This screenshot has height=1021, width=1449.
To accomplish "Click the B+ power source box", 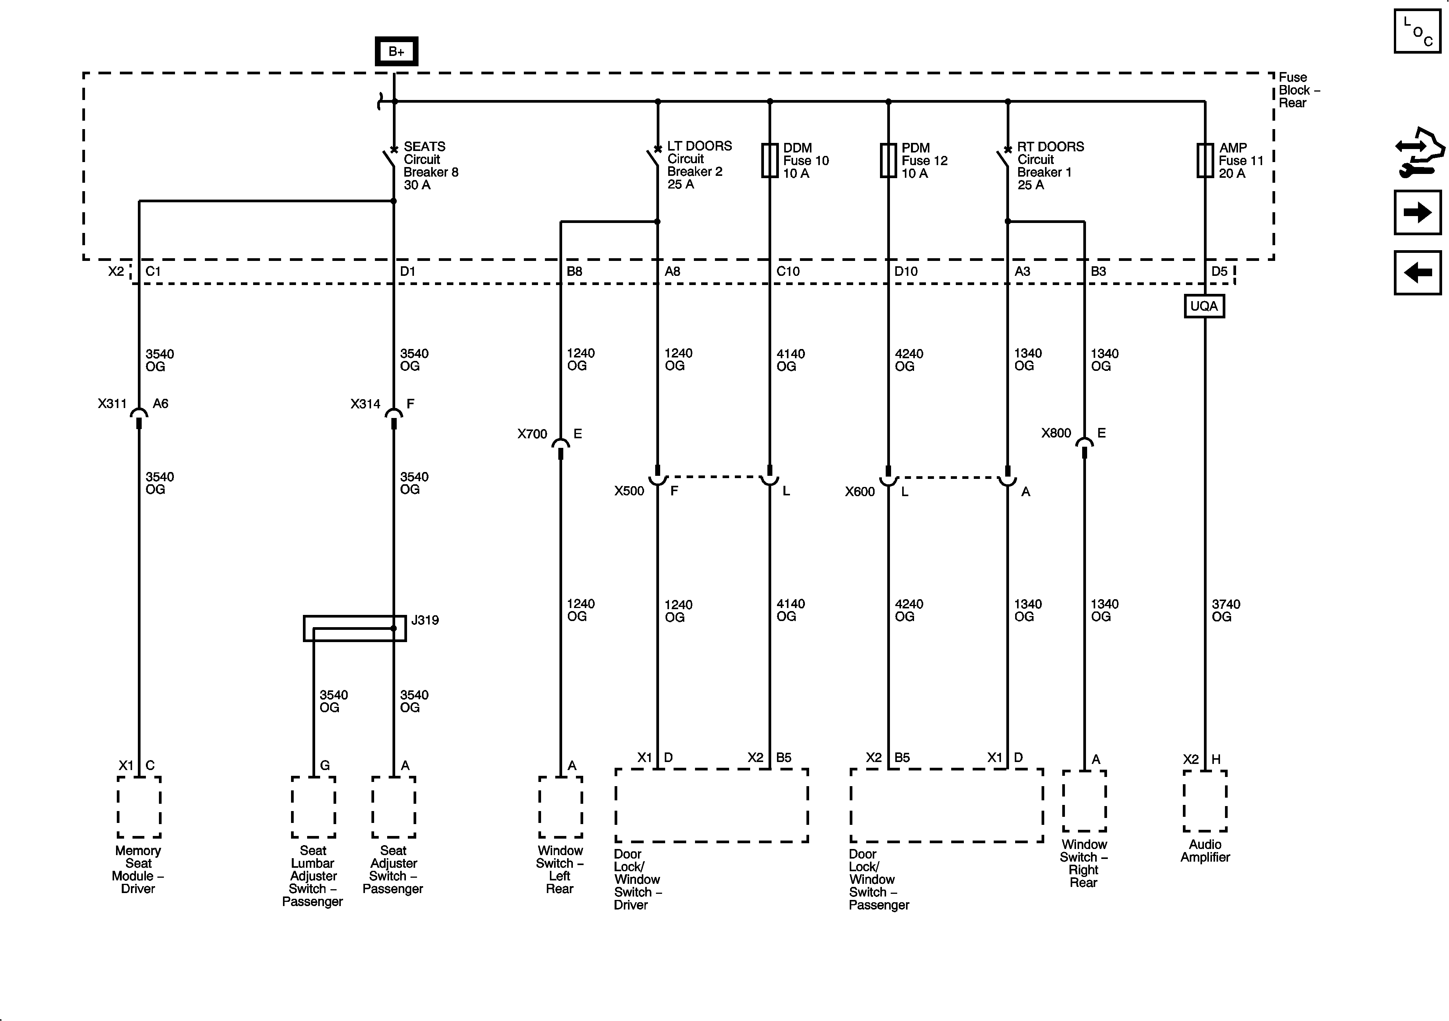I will click(396, 51).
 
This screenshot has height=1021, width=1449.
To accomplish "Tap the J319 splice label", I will click(425, 620).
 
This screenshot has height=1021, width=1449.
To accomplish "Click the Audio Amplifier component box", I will click(1205, 801).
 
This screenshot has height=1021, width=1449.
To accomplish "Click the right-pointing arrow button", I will click(1418, 212).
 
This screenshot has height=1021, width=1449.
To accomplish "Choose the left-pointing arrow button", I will click(1418, 273).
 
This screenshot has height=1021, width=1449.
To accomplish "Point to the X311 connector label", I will click(112, 403).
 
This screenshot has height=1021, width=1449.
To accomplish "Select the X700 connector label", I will click(532, 434).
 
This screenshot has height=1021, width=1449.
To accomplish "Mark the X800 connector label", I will click(1056, 433).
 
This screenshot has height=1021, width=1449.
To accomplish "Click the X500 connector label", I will click(629, 491).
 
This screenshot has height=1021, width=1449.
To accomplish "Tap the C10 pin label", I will click(788, 272).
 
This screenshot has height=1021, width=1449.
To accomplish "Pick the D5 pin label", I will click(1219, 272).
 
